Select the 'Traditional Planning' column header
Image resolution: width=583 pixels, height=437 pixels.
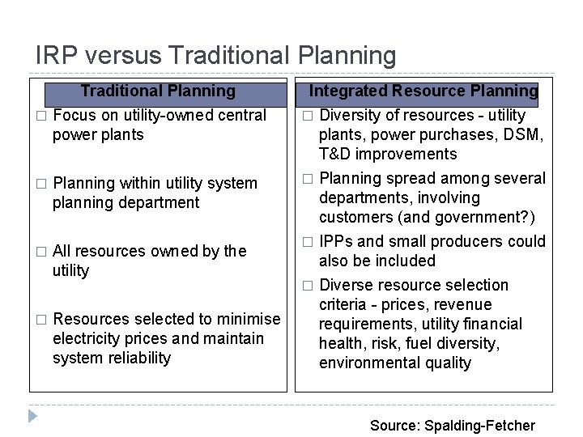(158, 91)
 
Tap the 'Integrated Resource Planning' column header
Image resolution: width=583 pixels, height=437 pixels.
(423, 91)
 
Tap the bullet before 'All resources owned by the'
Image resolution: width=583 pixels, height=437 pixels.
(40, 252)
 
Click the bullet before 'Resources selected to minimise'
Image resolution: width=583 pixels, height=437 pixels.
(40, 320)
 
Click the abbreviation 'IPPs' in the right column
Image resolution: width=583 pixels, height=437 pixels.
(335, 241)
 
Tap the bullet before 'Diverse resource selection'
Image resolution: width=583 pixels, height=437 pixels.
(307, 286)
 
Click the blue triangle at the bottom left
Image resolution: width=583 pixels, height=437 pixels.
(32, 417)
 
